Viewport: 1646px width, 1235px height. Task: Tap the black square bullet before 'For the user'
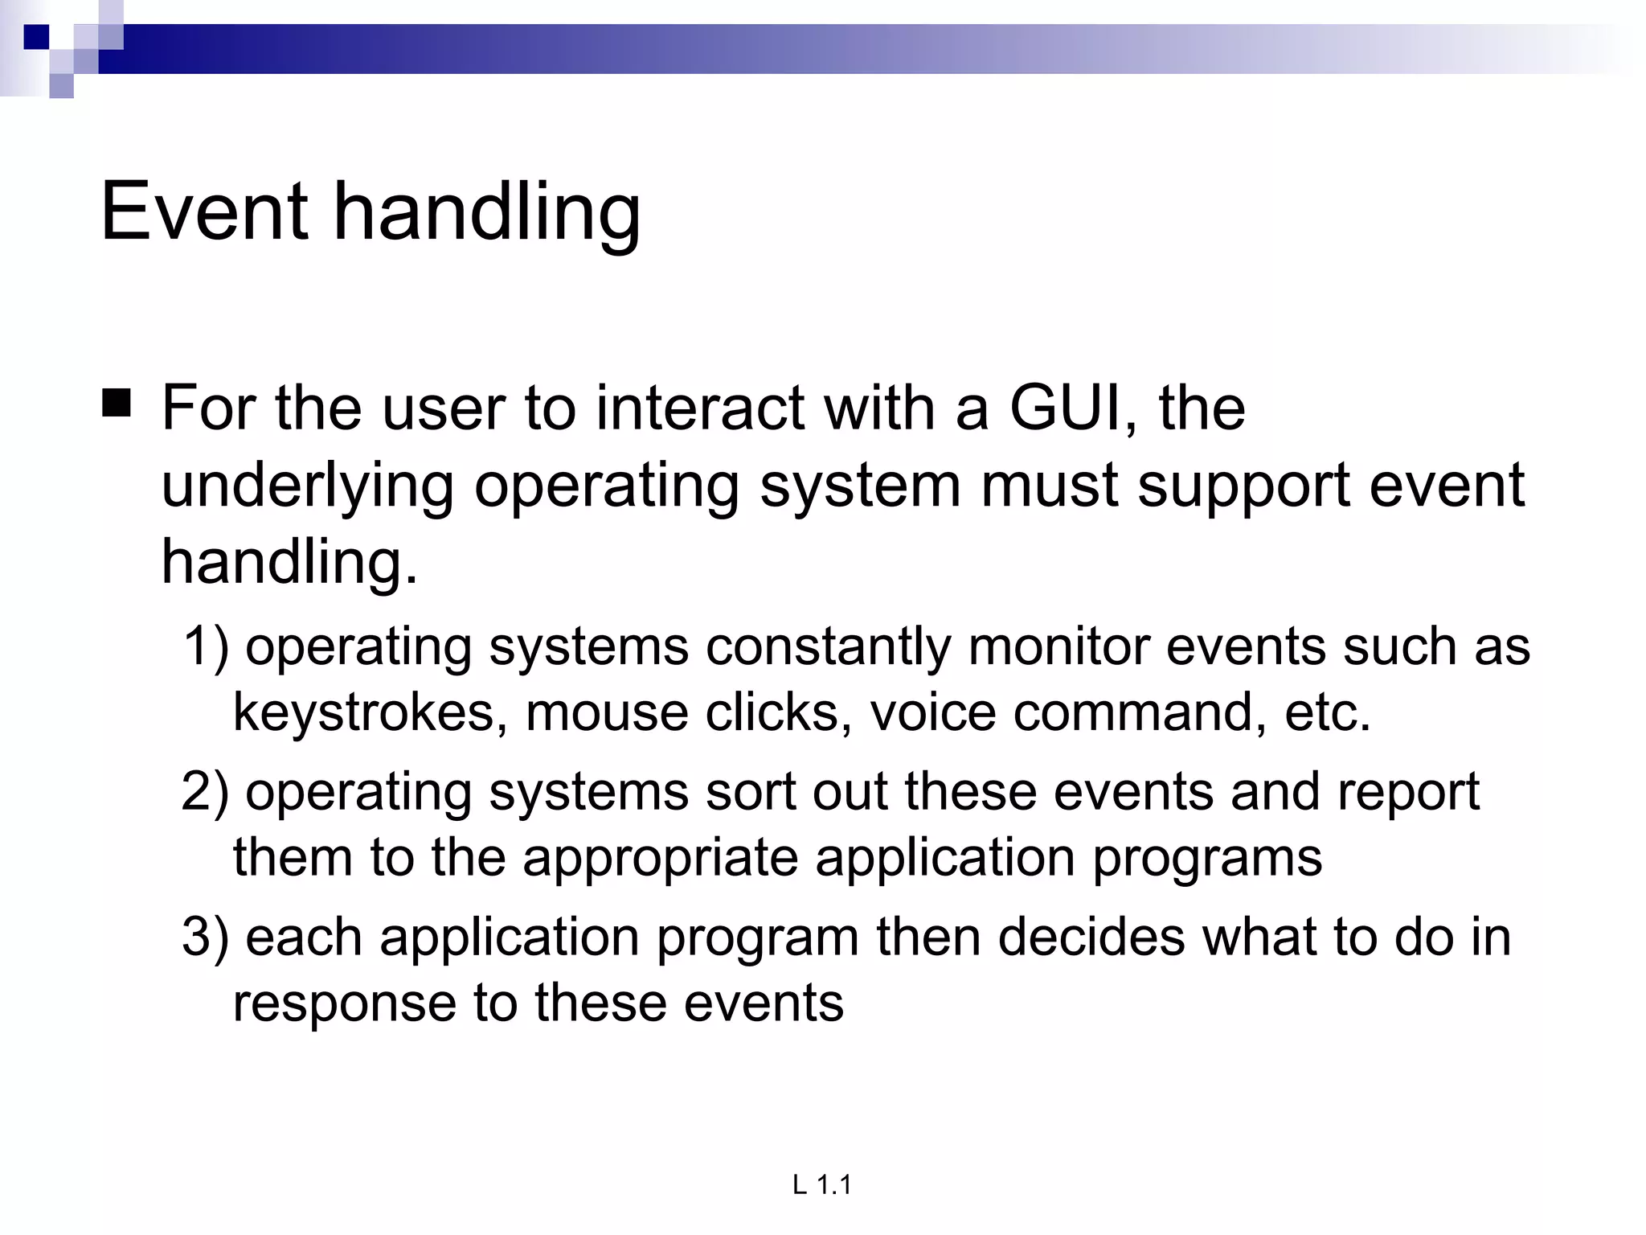pos(117,402)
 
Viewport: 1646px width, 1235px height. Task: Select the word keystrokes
pos(371,712)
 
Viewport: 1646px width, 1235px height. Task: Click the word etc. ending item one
pos(1327,712)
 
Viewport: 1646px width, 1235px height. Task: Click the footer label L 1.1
pos(821,1184)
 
